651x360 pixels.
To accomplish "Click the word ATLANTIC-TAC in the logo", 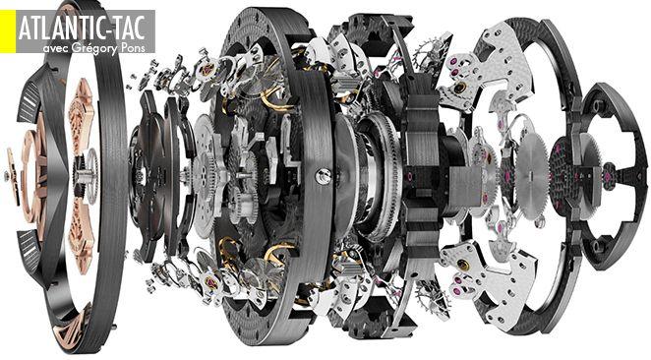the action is (82, 29).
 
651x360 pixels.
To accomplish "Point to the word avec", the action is (55, 48).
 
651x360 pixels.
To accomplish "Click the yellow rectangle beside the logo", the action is (8, 31).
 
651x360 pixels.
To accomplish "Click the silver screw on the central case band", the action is (323, 176).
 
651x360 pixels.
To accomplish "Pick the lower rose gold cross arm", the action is (83, 237).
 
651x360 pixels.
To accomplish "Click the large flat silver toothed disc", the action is (532, 182).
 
